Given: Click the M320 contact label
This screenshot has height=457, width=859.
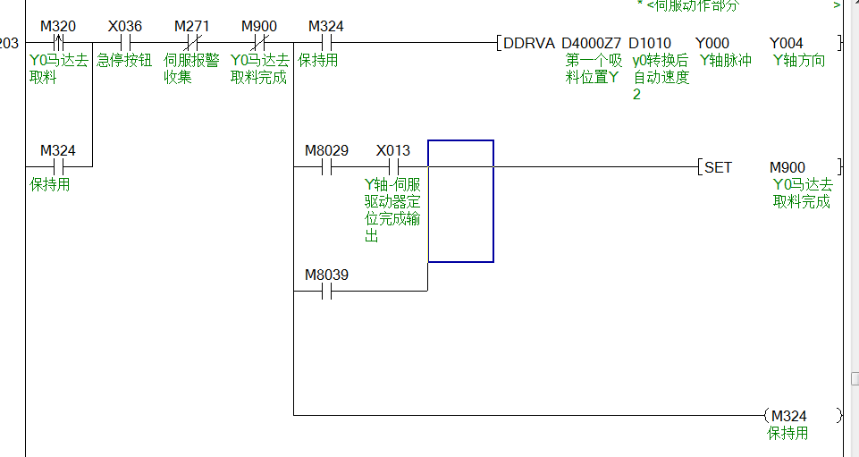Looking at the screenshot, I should click(58, 26).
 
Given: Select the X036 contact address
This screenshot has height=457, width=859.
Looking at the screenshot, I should click(125, 26).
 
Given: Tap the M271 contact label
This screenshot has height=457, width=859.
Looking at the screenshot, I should click(191, 26).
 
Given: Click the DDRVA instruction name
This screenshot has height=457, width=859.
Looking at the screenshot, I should click(529, 43).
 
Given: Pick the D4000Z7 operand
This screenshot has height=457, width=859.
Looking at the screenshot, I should click(591, 43).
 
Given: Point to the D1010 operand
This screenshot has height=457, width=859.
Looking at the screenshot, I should click(650, 43).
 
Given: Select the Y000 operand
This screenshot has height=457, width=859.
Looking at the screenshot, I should click(713, 43).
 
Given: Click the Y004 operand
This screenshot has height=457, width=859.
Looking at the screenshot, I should click(787, 43).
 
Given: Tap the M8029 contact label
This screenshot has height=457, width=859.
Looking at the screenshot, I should click(326, 150).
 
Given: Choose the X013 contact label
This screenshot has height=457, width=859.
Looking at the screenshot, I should click(393, 150).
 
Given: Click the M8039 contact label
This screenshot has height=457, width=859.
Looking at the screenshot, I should click(326, 275).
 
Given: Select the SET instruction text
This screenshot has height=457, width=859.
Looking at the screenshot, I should click(718, 167).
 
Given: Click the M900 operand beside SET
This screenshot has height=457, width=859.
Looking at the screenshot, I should click(787, 167).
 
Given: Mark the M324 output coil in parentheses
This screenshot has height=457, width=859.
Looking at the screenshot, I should click(788, 416).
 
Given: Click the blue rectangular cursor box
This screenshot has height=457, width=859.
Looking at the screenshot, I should click(460, 201).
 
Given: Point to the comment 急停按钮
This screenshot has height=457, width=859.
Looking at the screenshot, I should click(124, 61).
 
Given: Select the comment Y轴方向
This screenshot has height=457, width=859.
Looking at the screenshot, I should click(799, 60).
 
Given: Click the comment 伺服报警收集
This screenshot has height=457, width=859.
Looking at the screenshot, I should click(191, 69).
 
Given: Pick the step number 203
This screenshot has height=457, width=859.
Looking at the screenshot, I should click(8, 43).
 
